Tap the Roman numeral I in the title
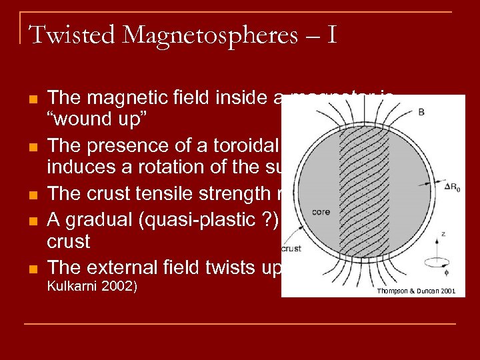[x=331, y=34]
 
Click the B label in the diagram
[x=421, y=112]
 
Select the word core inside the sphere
[x=320, y=212]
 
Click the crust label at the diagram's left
[x=292, y=249]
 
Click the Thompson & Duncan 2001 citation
[x=416, y=291]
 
